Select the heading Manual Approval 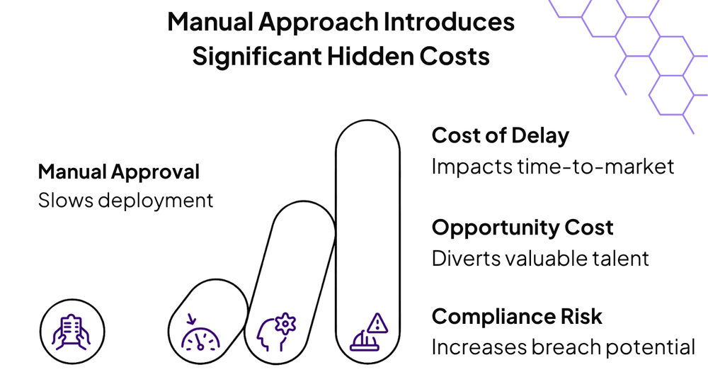click(119, 172)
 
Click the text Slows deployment click(125, 201)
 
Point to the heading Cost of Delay click(501, 135)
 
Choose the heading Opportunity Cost click(523, 227)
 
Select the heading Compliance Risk click(517, 316)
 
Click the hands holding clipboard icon click(72, 332)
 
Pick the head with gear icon click(276, 332)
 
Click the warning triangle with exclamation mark click(377, 323)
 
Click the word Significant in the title click(257, 56)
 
